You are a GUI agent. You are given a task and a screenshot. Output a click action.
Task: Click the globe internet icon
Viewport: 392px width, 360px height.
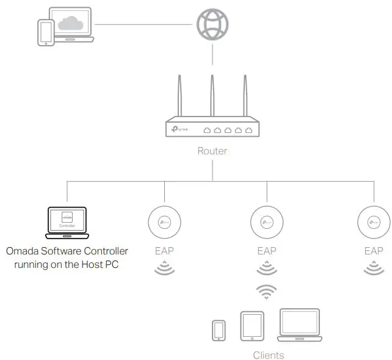pos(212,25)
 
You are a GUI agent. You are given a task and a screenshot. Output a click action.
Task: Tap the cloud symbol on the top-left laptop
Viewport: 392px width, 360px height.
pos(72,24)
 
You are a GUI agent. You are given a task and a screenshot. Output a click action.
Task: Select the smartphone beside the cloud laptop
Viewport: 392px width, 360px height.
pos(46,32)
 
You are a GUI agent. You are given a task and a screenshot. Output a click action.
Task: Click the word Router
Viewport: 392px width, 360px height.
pos(212,151)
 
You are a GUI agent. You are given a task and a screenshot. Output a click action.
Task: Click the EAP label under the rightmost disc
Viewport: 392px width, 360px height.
pos(374,251)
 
